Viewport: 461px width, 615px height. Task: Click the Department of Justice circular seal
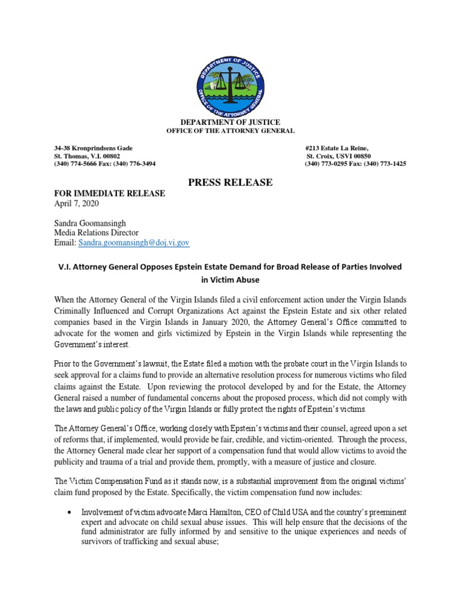[230, 84]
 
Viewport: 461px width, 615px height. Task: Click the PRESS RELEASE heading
[230, 182]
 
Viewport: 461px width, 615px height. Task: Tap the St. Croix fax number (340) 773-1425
[385, 164]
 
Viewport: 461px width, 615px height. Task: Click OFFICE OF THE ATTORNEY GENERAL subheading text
[230, 131]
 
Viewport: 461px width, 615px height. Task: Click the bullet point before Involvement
[72, 512]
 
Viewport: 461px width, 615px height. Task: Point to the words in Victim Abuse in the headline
[230, 279]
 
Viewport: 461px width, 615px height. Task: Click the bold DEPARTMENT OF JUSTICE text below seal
[230, 123]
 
